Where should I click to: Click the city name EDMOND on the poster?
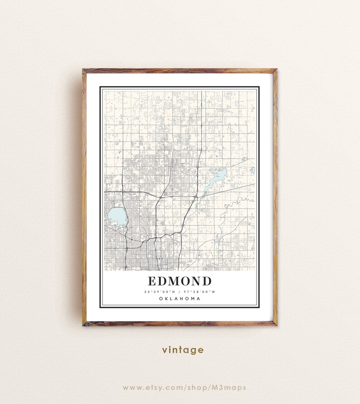pos(179,281)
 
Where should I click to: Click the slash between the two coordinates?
pos(180,292)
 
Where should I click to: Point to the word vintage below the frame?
pos(183,350)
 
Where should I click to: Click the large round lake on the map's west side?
pos(117,216)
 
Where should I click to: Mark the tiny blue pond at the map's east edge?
pos(253,170)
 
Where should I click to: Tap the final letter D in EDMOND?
pos(206,281)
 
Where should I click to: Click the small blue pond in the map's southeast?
pos(217,238)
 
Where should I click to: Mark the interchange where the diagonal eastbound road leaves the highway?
pos(195,197)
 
